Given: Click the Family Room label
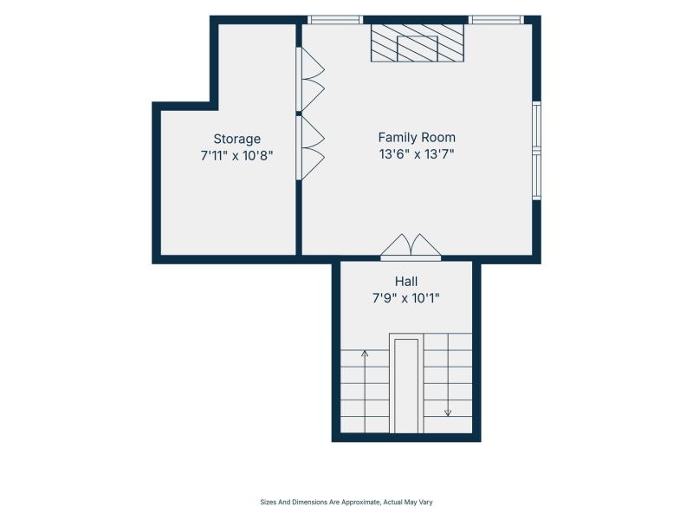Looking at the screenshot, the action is tap(417, 138).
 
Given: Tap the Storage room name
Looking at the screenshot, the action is tap(236, 139).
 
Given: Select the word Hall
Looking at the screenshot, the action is tap(406, 281).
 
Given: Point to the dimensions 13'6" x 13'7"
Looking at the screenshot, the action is tap(417, 154).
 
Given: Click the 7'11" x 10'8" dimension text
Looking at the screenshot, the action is tap(236, 156).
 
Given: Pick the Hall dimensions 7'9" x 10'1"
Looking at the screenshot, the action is tap(406, 298).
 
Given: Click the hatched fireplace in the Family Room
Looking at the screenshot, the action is tap(418, 42).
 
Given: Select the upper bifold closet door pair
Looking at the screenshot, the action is tap(310, 79).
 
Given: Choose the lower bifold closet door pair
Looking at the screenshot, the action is tap(310, 147).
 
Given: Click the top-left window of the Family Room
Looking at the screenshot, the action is tap(335, 19).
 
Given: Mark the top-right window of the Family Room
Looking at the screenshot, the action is tap(496, 19).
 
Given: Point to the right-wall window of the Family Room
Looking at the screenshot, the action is tap(536, 151).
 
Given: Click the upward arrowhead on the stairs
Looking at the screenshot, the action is tap(365, 354).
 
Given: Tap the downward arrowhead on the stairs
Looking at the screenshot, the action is tap(448, 413).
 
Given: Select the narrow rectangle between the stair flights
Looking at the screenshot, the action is tap(406, 386).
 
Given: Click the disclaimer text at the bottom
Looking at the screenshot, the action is tap(346, 502).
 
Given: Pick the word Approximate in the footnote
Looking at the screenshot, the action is tap(361, 502).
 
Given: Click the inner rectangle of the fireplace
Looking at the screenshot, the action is tap(418, 49).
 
